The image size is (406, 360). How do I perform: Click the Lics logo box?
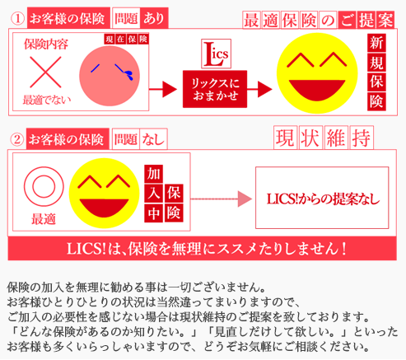(216, 54)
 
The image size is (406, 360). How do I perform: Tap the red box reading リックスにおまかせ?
(215, 89)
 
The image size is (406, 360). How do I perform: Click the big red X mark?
(45, 72)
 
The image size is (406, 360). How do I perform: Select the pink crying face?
(110, 76)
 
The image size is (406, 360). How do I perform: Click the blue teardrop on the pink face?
(129, 75)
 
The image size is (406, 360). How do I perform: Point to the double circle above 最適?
(44, 186)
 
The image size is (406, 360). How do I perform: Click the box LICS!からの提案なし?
(322, 198)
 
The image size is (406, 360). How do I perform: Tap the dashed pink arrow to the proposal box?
(221, 199)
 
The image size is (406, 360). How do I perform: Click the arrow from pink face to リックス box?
(163, 89)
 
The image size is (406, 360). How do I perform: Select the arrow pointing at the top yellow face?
(259, 89)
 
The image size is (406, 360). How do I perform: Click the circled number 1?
(17, 19)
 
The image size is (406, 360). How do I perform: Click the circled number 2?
(17, 139)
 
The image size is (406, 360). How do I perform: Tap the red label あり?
(154, 18)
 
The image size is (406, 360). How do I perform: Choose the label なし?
(153, 139)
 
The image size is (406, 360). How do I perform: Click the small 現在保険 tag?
(126, 40)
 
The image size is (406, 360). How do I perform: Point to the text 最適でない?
(47, 100)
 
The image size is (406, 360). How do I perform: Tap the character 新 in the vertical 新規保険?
(376, 43)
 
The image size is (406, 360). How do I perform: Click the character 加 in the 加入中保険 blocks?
(154, 174)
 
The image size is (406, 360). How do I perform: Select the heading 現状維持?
(324, 138)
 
